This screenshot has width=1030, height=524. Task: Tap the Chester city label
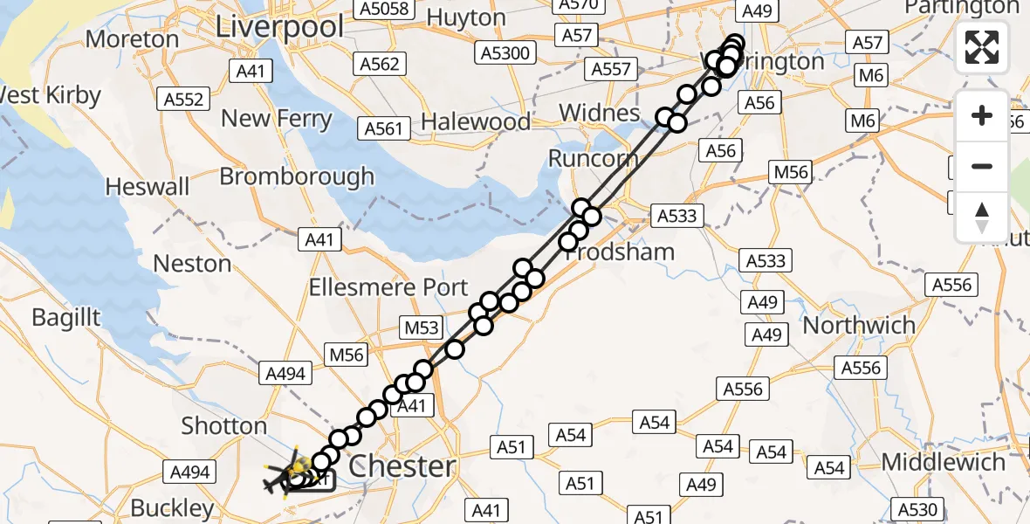[402, 465]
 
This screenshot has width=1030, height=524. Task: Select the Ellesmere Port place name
[389, 287]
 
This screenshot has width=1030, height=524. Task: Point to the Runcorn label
[594, 159]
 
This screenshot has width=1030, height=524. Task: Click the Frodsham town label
[621, 252]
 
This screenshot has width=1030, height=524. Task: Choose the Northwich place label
[859, 325]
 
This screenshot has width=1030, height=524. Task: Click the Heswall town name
[147, 187]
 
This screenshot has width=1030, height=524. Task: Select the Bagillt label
[66, 317]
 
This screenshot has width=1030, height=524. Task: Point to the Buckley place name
[172, 507]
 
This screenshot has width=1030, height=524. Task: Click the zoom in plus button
[982, 115]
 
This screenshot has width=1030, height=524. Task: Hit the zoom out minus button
[982, 166]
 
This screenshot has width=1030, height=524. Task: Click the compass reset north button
[982, 217]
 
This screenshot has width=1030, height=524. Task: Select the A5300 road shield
[505, 53]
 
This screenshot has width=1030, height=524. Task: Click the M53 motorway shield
[422, 327]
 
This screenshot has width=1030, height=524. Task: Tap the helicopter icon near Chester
[287, 477]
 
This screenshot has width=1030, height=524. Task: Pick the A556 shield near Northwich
[861, 368]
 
